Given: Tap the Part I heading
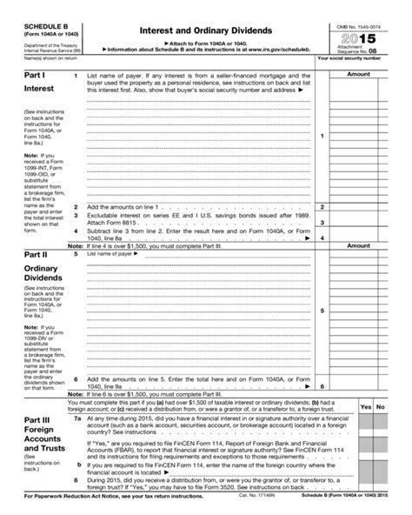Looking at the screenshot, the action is point(34,77).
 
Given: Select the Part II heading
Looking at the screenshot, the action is point(35,255).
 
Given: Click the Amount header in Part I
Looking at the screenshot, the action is point(358,75).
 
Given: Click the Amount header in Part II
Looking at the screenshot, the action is point(358,246).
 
